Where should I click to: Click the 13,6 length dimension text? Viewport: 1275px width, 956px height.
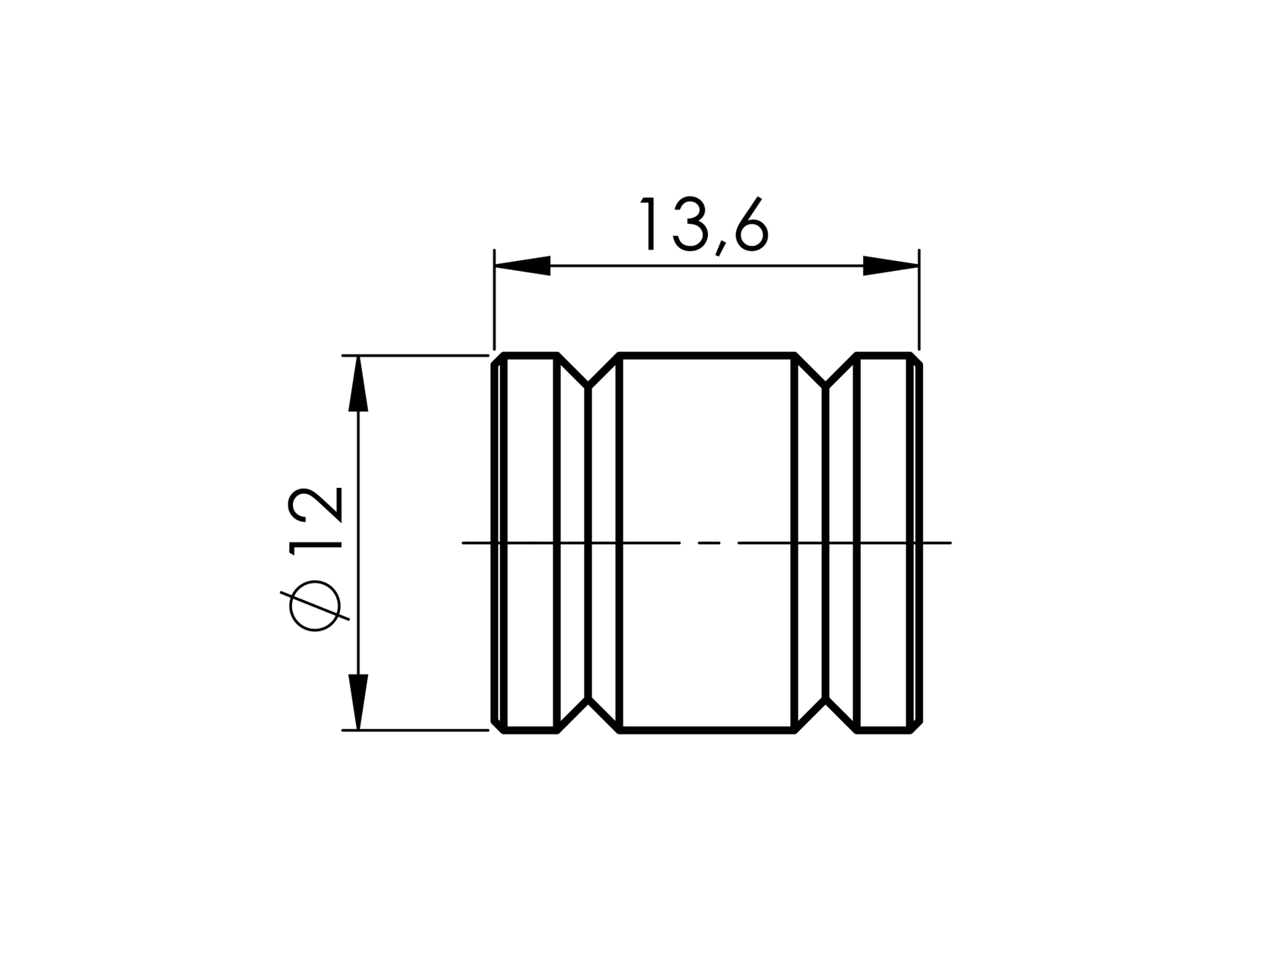[x=704, y=225]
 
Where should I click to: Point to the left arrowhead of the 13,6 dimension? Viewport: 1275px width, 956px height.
[x=522, y=266]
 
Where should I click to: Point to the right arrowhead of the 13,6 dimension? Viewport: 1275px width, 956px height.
[x=891, y=266]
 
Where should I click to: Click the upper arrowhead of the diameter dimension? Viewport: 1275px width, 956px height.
[x=358, y=384]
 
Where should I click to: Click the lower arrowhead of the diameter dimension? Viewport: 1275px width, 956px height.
[x=358, y=701]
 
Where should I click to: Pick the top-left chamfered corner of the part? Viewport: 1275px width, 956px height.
[x=497, y=359]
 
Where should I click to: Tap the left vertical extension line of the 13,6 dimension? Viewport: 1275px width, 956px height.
[x=494, y=303]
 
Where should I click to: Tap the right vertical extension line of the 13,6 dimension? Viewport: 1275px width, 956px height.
[x=919, y=303]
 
